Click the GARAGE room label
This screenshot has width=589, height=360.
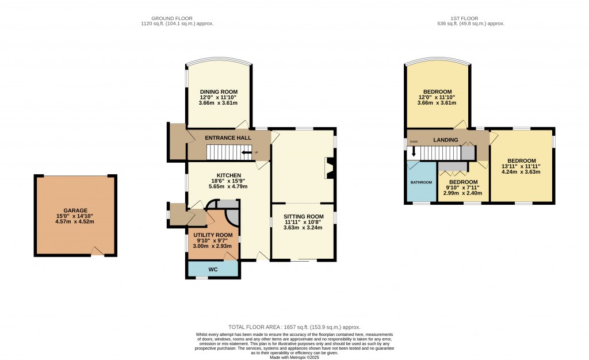tap(75, 210)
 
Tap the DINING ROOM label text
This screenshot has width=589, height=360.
tap(219, 91)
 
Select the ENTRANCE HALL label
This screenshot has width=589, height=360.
tap(228, 138)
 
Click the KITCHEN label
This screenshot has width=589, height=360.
tap(228, 175)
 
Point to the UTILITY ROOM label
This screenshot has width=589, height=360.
tap(213, 235)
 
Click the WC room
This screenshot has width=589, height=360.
tap(212, 269)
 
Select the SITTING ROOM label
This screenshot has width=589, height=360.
tap(303, 216)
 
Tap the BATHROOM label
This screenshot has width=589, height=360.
tap(421, 182)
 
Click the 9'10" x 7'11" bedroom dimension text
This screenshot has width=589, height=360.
tap(464, 187)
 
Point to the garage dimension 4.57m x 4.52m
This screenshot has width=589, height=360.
tap(75, 221)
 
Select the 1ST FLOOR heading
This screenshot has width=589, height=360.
tap(470, 18)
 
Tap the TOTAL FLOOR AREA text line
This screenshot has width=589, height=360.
tap(294, 326)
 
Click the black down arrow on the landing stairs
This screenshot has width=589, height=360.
tap(413, 154)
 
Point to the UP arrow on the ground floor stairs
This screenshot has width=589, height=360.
tap(247, 152)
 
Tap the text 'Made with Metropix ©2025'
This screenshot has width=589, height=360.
tap(294, 357)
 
